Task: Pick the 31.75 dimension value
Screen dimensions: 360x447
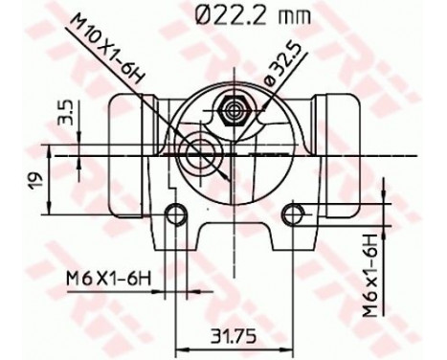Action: pos(230,334)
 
